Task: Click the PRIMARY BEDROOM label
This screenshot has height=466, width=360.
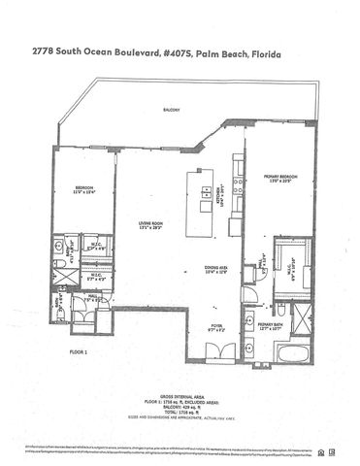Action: coord(279,179)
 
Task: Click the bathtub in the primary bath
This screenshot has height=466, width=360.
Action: coord(290,348)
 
